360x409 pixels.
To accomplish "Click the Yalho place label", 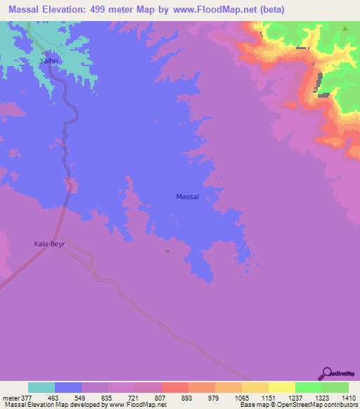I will pos(49,61).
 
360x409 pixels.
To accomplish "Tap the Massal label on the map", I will pos(187,197).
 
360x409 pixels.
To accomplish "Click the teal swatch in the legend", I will pos(41,387).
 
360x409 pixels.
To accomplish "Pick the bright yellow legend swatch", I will pos(282,387).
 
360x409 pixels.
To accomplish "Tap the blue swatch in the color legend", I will pos(68,387).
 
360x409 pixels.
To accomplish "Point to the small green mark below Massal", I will pos(167,250).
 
